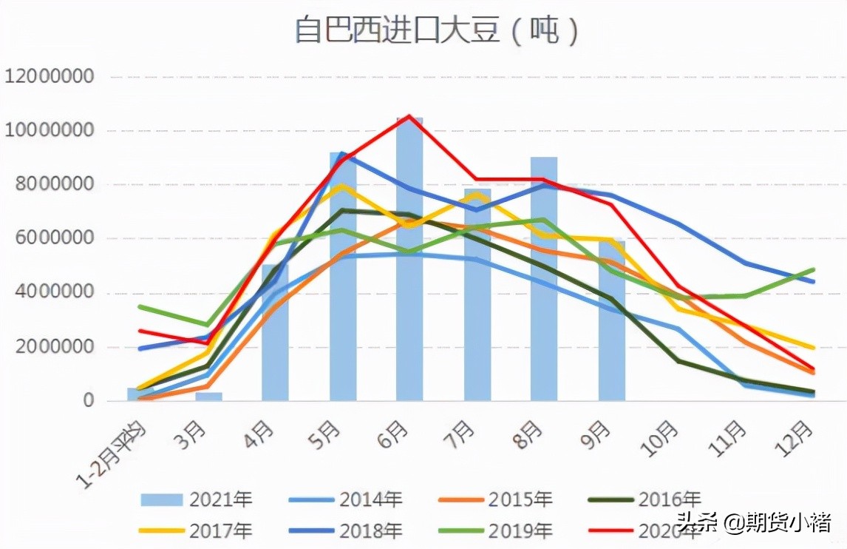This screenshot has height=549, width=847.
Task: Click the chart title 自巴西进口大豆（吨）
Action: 437,31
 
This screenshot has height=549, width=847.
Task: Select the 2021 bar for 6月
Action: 409,259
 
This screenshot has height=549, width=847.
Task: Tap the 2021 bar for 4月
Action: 275,333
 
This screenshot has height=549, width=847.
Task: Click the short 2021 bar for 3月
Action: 208,397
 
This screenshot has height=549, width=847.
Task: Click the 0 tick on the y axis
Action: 88,401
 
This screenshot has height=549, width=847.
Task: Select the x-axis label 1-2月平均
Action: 115,451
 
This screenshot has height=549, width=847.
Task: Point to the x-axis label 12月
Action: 800,437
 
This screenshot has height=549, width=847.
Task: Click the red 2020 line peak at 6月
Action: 409,116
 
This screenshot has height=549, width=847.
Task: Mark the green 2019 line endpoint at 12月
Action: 813,270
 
